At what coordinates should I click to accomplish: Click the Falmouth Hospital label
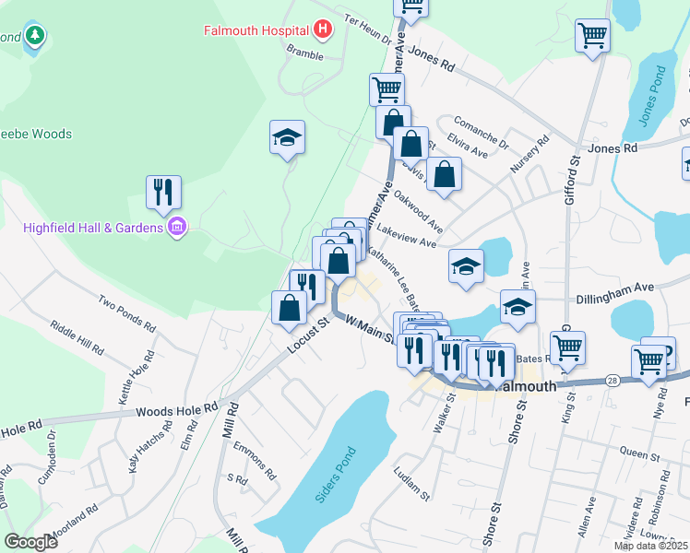point(256,30)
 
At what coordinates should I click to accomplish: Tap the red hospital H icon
point(322,30)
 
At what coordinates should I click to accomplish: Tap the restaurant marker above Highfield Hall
point(163,192)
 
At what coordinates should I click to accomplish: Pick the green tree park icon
point(35,36)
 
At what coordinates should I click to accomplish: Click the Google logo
point(30,542)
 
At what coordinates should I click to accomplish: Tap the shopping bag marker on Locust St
point(289,306)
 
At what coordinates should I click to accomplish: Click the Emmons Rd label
point(255,461)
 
